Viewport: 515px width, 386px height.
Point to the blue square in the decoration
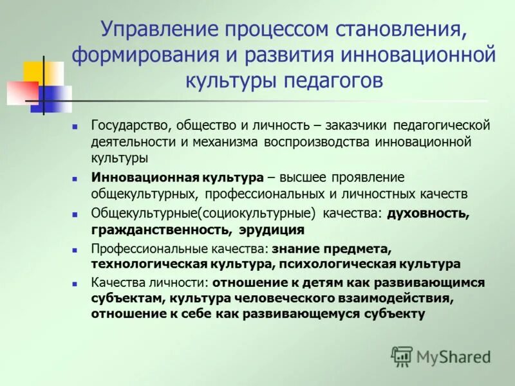click(x=53, y=98)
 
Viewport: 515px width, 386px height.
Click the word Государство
click(x=128, y=125)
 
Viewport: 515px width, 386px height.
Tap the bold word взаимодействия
click(x=398, y=298)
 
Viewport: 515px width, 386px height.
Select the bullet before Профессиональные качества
click(x=75, y=248)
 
